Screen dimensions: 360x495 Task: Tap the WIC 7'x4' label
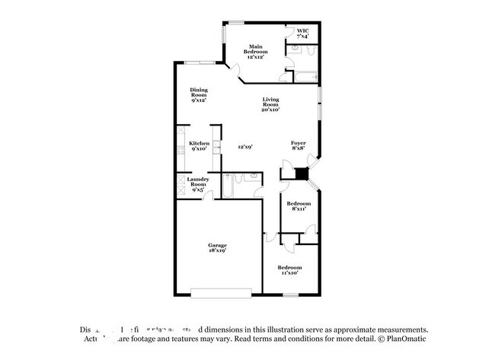(x=302, y=33)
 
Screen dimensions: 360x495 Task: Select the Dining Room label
(x=199, y=94)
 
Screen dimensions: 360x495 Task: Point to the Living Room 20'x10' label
(x=272, y=105)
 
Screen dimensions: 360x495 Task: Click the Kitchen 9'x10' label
(x=200, y=146)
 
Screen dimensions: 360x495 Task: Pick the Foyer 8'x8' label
(x=299, y=146)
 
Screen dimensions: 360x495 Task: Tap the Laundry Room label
(x=199, y=183)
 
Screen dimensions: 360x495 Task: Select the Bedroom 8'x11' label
(x=299, y=205)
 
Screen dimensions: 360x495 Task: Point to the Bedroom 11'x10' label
(x=289, y=270)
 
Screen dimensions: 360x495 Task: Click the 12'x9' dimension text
(x=244, y=147)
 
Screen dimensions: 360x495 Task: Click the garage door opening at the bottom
(x=221, y=291)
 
